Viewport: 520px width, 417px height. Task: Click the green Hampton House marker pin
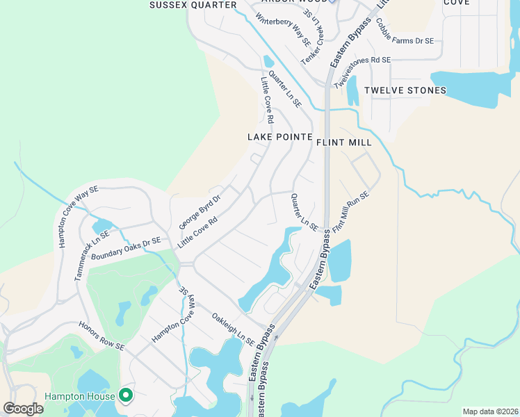pyautogui.click(x=126, y=395)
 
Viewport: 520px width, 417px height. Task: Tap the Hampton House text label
pyautogui.click(x=80, y=397)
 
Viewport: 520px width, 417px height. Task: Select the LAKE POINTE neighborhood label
pyautogui.click(x=279, y=137)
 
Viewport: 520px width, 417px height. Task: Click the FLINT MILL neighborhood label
pyautogui.click(x=344, y=142)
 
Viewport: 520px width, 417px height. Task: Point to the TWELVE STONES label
pyautogui.click(x=405, y=90)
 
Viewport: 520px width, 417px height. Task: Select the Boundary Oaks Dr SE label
pyautogui.click(x=126, y=247)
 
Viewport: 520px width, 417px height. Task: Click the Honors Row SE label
pyautogui.click(x=101, y=336)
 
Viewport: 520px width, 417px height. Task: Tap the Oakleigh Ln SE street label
pyautogui.click(x=233, y=328)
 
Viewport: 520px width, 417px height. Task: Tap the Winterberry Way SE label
pyautogui.click(x=284, y=29)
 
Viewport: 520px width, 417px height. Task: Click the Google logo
pyautogui.click(x=23, y=408)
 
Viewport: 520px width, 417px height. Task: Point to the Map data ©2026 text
pyautogui.click(x=489, y=411)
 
